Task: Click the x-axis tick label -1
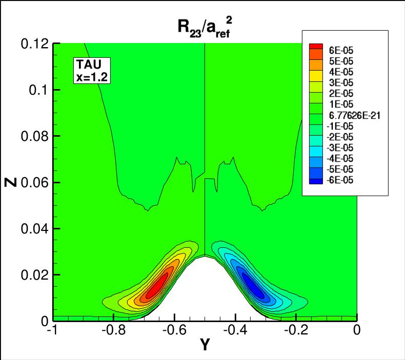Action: tap(51, 330)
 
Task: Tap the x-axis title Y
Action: tap(204, 346)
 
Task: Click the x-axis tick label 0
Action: tap(357, 330)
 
